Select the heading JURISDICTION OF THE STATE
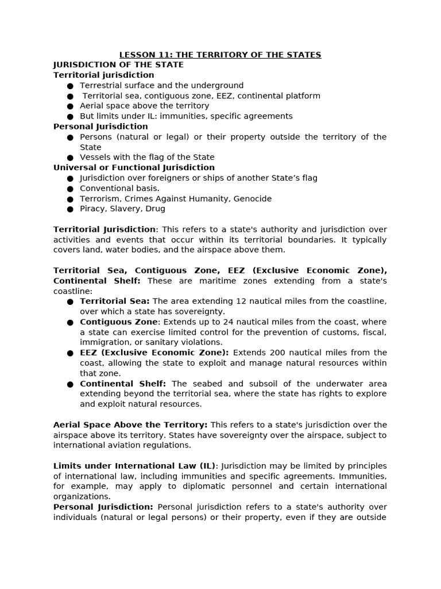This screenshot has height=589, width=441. tap(118, 65)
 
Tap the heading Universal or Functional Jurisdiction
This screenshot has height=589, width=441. tap(134, 167)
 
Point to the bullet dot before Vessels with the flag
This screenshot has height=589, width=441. tap(70, 158)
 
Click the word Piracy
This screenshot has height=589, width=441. tap(93, 209)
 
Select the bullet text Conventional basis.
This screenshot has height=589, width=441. tap(119, 188)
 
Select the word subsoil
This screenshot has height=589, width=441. tap(254, 384)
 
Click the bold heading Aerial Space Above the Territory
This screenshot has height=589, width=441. tap(130, 425)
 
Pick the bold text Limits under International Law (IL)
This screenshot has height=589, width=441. tap(136, 466)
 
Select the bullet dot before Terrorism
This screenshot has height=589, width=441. tap(70, 199)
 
